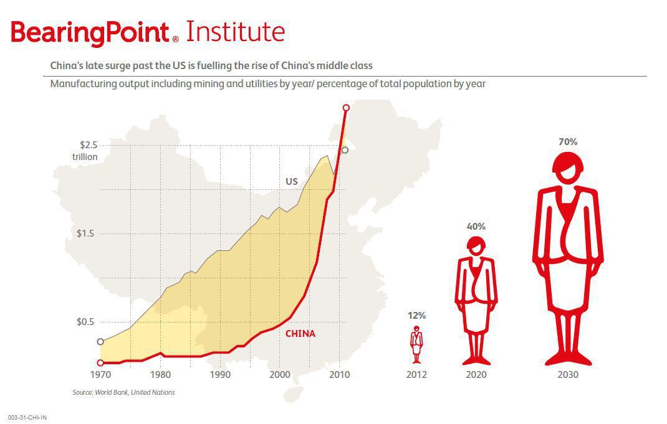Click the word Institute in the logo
click(235, 31)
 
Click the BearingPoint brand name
click(90, 33)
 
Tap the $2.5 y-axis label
click(89, 145)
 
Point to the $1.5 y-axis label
click(85, 233)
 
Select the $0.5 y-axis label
click(85, 322)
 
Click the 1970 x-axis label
click(100, 375)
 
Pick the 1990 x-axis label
click(220, 375)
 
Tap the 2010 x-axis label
click(340, 375)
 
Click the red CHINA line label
click(300, 334)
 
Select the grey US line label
click(291, 182)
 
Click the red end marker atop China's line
click(346, 108)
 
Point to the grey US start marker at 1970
click(100, 342)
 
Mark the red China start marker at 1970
click(100, 363)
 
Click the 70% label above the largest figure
click(568, 142)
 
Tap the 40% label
click(476, 227)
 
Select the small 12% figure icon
click(416, 344)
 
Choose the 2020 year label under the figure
click(476, 375)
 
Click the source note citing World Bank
click(123, 393)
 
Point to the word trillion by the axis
click(85, 157)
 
